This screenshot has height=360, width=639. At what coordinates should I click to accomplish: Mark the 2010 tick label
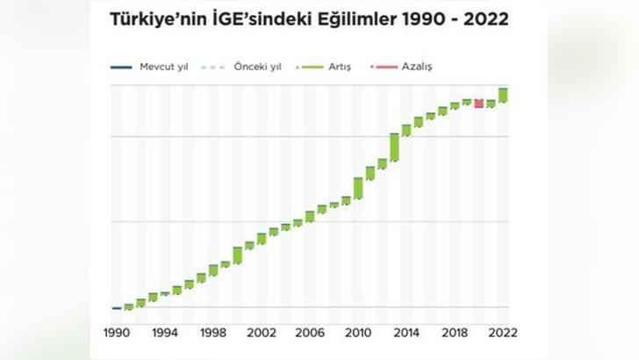point(358,333)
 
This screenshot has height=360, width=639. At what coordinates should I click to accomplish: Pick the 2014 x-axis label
point(406,333)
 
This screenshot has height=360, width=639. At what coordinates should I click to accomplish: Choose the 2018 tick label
point(455,333)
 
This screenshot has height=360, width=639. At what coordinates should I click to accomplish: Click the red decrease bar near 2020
point(478,104)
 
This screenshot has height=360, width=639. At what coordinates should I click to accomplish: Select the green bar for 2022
point(503,95)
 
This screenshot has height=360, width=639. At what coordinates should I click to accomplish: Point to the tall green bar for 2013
point(395,147)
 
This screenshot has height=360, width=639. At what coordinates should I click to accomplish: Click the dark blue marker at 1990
point(117,308)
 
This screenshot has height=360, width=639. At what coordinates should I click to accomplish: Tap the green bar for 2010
point(358,188)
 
